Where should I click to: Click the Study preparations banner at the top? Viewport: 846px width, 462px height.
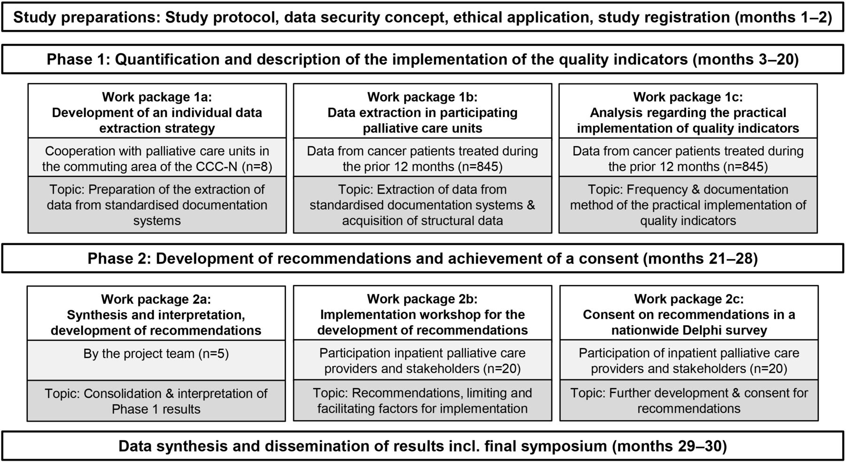(423, 18)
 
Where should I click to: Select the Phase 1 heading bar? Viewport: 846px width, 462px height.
(423, 60)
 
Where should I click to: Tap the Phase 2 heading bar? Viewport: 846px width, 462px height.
(423, 258)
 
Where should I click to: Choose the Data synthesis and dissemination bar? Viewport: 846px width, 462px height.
(423, 446)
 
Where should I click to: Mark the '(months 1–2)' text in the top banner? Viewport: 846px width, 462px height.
(783, 17)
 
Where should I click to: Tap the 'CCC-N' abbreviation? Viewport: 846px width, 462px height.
(220, 167)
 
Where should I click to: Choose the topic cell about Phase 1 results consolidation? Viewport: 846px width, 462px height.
(156, 400)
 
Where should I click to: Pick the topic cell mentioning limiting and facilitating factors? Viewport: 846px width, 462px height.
(423, 400)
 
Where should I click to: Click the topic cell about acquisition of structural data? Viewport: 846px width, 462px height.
(423, 204)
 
